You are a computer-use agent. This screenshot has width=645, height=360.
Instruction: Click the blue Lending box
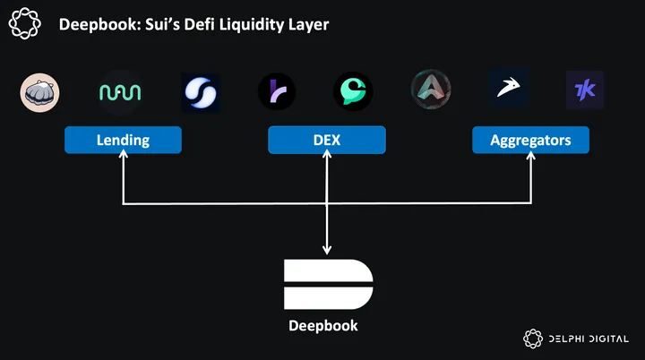pos(123,140)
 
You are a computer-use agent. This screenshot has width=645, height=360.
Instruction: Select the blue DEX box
pos(327,140)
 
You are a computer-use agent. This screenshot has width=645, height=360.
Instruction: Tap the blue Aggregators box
pos(530,140)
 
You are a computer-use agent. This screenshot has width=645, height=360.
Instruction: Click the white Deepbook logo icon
pos(328,285)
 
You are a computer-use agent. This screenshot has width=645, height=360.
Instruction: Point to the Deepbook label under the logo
pos(323,325)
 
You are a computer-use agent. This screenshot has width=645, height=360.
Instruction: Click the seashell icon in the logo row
pos(39,91)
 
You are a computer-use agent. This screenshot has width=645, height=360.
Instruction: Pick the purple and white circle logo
pos(276,91)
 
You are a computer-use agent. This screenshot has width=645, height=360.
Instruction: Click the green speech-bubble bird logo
pos(353,91)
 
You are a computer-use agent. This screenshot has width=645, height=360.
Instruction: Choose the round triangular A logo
pos(431,90)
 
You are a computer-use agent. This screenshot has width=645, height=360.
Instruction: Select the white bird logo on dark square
pos(508,90)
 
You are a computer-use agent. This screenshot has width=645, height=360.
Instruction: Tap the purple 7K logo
pos(585,90)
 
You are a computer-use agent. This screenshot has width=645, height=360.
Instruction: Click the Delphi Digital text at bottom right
pos(589,339)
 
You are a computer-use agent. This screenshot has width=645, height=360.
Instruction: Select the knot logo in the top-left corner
pos(27,22)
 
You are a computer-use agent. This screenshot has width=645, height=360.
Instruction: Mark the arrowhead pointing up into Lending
pos(123,158)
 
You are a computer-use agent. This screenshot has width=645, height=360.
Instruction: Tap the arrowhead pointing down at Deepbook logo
pos(328,251)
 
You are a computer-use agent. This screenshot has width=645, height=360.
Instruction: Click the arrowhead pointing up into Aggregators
pos(531,158)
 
